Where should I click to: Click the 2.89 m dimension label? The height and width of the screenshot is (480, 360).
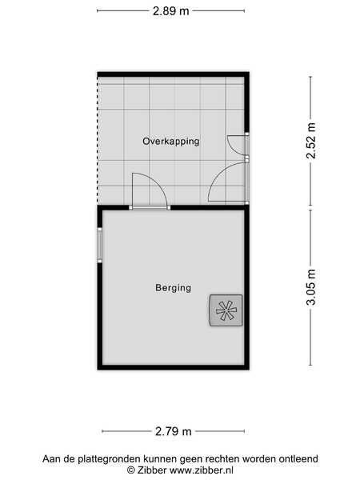click(171, 11)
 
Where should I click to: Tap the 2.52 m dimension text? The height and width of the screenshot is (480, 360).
click(310, 141)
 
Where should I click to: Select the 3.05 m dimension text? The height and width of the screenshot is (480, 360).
click(310, 287)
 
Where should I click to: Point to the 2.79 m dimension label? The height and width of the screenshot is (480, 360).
click(174, 431)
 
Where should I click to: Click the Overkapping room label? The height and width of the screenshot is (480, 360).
click(171, 141)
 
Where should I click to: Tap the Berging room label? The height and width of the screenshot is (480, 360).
click(174, 288)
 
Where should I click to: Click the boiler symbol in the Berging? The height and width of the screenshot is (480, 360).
click(226, 310)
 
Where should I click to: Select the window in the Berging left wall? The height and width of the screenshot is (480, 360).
click(99, 245)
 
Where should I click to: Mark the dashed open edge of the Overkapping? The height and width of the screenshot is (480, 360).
click(98, 140)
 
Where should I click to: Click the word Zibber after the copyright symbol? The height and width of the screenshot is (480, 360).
click(151, 470)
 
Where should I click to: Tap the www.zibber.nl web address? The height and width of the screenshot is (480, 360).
click(201, 470)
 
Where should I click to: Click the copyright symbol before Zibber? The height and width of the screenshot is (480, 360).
click(130, 470)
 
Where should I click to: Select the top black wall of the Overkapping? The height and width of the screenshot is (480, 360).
click(174, 74)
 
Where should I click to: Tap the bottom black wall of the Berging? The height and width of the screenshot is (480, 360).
click(174, 367)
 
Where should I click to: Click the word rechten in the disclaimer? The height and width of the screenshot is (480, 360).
click(222, 459)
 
